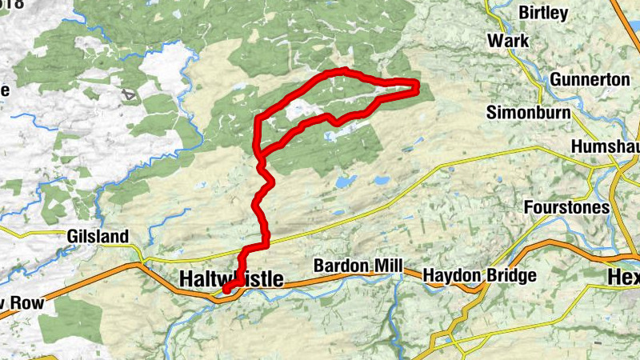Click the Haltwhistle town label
pos(231,279)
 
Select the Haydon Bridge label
pos(479,275)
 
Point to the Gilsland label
pos(98,237)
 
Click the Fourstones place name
pos(566,207)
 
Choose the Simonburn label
pos(529,112)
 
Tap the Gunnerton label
pos(590,80)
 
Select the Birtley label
pos(543,13)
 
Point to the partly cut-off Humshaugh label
pos(606,147)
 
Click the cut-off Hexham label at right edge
pos(623,276)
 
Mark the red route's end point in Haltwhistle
pos(226,290)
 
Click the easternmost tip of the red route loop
pos(418,86)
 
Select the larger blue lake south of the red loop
pos(346,182)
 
